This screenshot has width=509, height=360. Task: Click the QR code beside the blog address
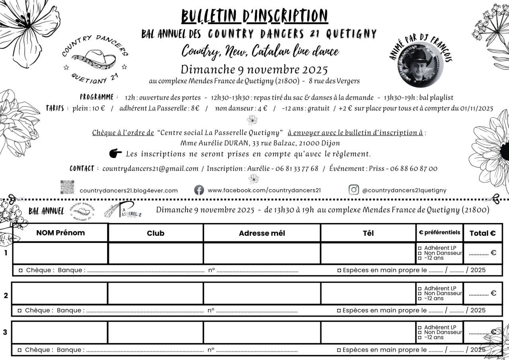(67, 187)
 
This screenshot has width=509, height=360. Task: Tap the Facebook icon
(199, 190)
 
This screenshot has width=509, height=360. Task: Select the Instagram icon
(353, 190)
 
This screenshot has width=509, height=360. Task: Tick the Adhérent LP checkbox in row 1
(419, 248)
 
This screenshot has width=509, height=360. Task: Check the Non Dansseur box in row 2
(419, 293)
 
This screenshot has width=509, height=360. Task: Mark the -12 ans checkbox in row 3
(419, 337)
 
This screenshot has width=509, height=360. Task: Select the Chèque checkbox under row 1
(21, 270)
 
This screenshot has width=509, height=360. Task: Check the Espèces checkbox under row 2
(339, 310)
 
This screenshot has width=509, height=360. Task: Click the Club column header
(155, 233)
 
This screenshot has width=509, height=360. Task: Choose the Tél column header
(368, 233)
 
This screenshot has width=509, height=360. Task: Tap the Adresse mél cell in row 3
(261, 332)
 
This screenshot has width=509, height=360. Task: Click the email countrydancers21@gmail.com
(150, 168)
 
